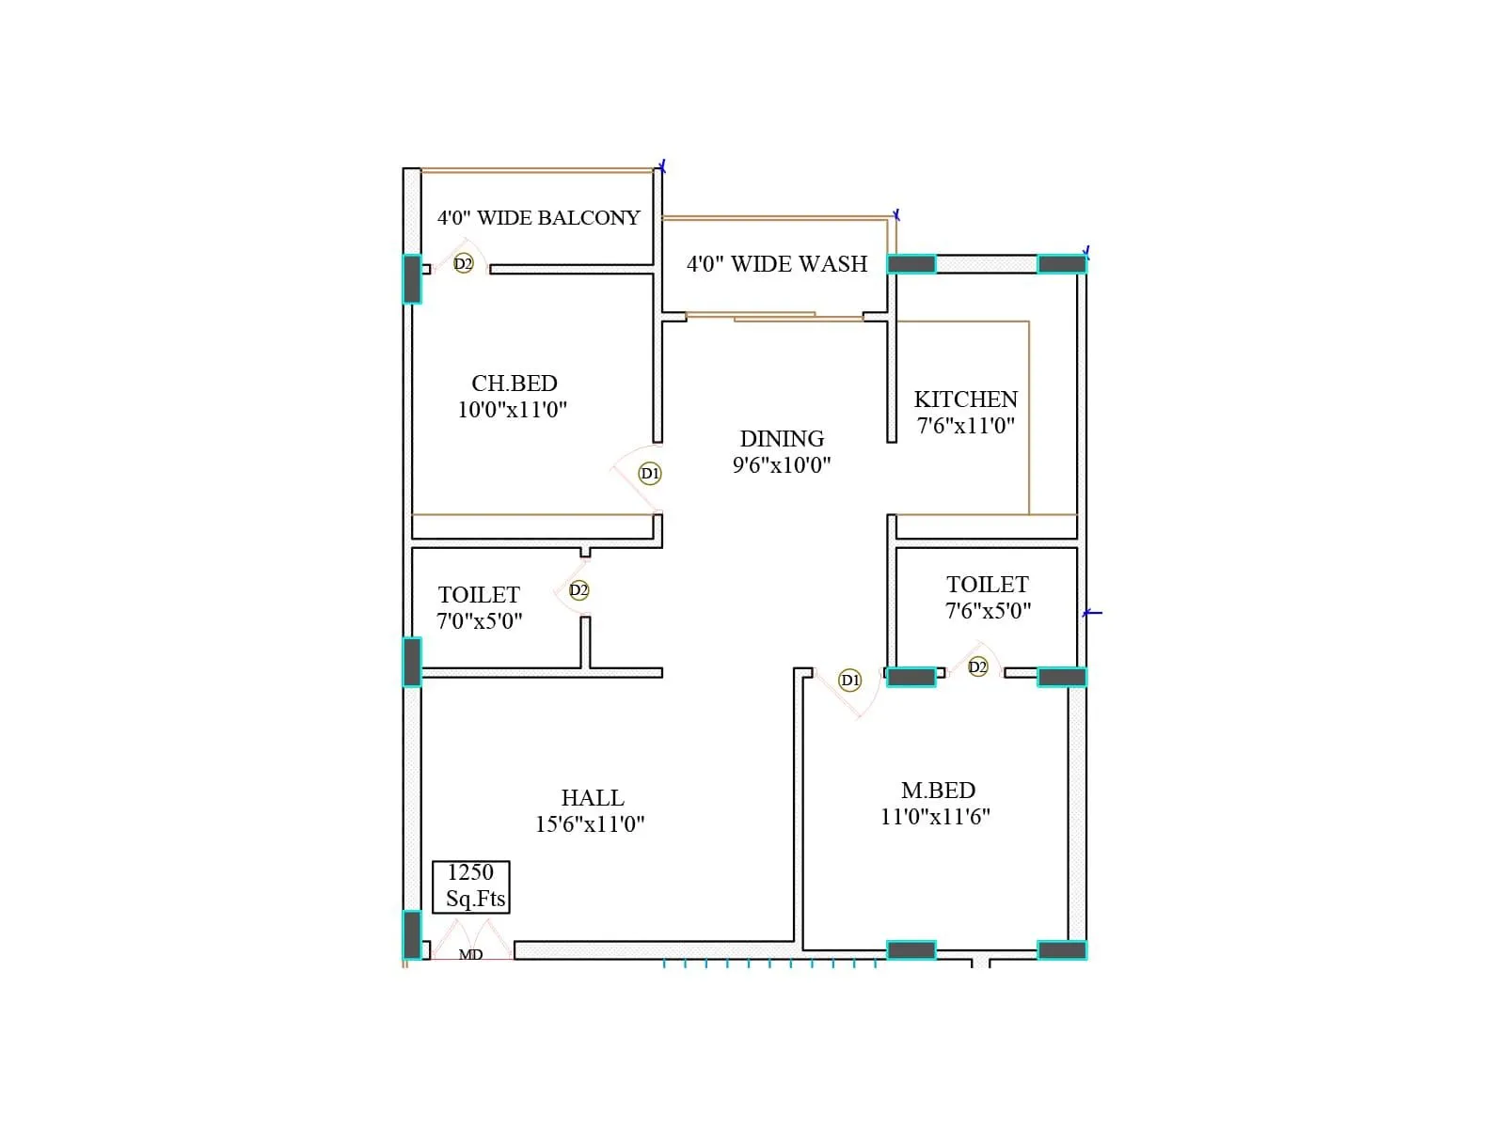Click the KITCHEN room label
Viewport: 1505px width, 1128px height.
[965, 399]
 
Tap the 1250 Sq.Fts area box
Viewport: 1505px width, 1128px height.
[471, 886]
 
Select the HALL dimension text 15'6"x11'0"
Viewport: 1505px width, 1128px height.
[590, 824]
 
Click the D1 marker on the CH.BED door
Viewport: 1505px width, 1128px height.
[649, 473]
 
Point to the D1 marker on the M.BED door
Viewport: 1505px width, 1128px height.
[849, 680]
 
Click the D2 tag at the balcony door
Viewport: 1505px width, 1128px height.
[463, 264]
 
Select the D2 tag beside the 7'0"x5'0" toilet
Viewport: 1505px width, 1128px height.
[578, 590]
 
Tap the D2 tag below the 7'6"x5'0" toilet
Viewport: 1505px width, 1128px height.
[977, 667]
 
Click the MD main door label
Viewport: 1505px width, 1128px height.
[470, 954]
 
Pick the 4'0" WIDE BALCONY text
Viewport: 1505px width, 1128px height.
[538, 218]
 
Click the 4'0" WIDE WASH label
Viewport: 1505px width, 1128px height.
[776, 264]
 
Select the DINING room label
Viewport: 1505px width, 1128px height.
[782, 439]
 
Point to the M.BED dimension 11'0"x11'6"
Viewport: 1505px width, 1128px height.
[935, 817]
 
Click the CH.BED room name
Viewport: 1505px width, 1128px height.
[514, 384]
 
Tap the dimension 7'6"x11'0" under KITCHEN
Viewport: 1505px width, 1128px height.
[965, 426]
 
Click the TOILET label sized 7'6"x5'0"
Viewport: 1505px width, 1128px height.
[987, 585]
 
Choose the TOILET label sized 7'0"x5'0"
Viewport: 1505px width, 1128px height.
[479, 595]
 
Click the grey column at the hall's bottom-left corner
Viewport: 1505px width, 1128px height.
[412, 934]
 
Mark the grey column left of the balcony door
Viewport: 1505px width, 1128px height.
[412, 279]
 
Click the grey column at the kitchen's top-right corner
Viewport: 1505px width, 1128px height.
[1061, 264]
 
